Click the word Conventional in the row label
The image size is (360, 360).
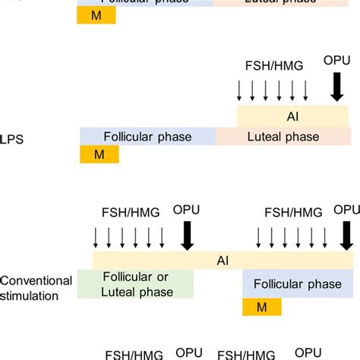(36, 280)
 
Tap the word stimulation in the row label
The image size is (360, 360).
(30, 295)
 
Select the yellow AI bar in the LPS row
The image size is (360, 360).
(292, 116)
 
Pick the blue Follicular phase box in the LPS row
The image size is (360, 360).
(148, 137)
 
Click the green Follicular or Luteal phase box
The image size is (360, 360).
(136, 284)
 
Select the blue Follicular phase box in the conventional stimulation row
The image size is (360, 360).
(297, 284)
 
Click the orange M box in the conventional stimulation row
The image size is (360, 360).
(262, 307)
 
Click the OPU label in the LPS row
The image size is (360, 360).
(337, 60)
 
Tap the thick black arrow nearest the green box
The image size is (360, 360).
(185, 235)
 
